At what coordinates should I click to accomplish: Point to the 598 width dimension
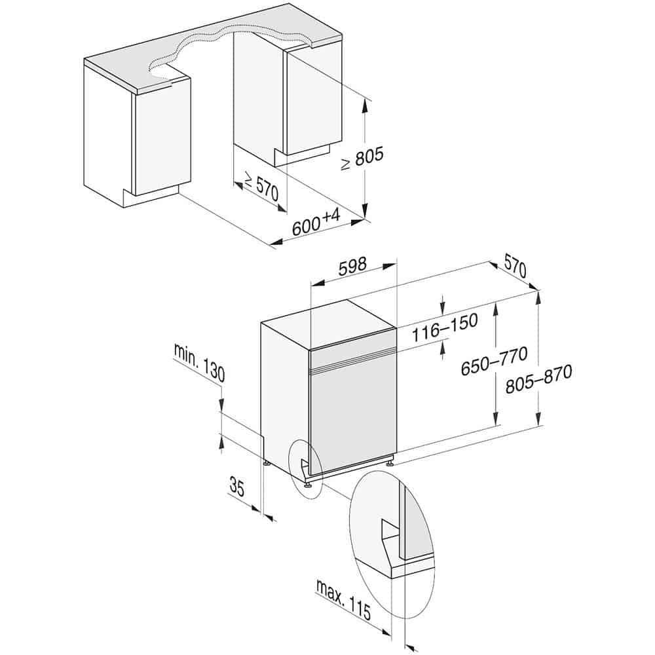point(353,267)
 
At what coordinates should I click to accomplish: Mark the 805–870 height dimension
point(539,380)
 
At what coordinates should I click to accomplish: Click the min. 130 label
point(199,362)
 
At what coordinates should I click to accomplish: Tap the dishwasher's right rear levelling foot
point(390,462)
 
